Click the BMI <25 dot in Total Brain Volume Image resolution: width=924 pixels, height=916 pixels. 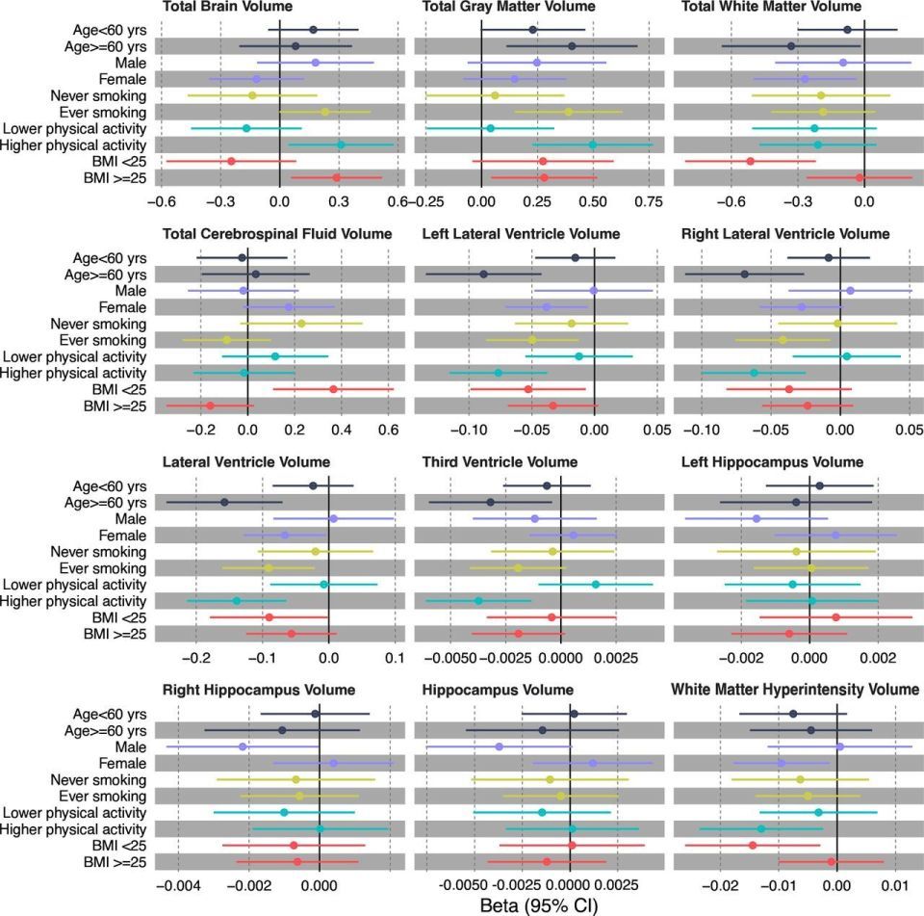click(231, 161)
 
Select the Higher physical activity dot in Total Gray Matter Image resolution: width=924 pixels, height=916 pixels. click(592, 144)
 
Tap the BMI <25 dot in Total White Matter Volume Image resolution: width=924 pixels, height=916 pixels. click(750, 161)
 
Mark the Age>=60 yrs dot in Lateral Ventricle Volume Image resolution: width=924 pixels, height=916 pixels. click(224, 502)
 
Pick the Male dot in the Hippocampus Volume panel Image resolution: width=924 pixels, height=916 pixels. click(499, 746)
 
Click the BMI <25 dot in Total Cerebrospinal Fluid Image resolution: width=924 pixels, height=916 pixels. click(333, 389)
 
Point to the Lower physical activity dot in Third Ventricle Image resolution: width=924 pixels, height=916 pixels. click(595, 585)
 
